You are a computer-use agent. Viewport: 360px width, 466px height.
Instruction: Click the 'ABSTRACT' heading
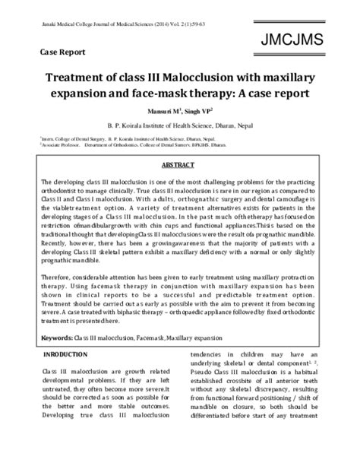tap(179, 165)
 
